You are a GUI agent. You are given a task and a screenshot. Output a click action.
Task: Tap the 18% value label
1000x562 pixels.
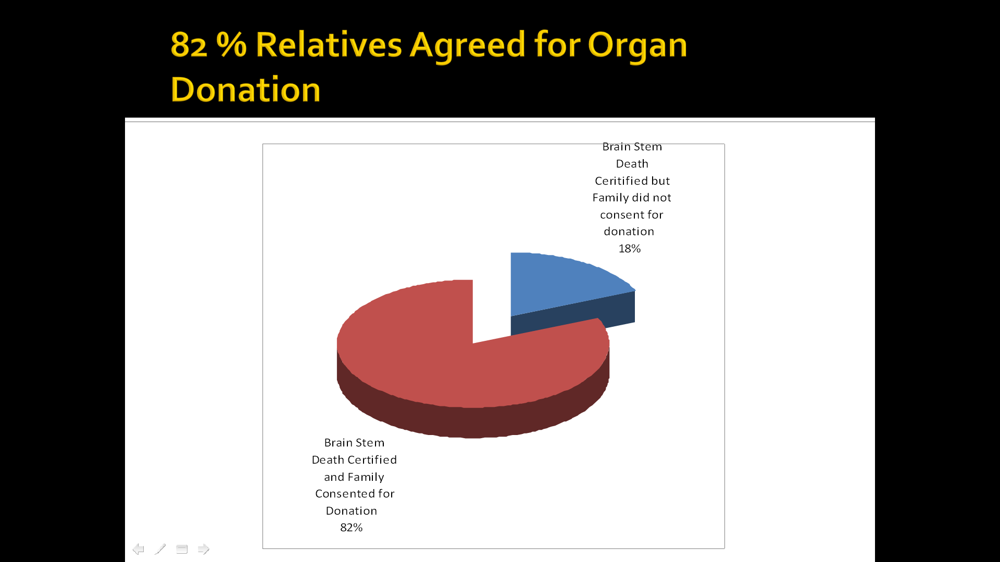click(x=629, y=249)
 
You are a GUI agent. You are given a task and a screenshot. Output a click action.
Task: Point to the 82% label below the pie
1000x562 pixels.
click(x=351, y=528)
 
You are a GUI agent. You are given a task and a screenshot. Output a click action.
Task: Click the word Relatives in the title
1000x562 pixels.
click(x=329, y=44)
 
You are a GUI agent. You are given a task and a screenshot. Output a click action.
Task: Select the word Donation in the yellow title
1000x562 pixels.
click(x=245, y=90)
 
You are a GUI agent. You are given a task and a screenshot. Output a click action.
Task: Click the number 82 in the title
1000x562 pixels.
click(x=189, y=45)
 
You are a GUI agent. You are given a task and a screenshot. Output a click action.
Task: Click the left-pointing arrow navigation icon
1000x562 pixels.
click(x=138, y=549)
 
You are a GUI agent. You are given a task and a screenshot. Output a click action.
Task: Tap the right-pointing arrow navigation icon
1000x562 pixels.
click(x=204, y=549)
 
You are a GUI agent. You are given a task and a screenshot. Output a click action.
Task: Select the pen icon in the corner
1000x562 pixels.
click(x=160, y=549)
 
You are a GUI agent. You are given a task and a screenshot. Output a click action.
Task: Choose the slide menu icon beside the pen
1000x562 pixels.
click(x=182, y=549)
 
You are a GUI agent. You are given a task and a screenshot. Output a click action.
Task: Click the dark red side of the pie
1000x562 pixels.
click(x=469, y=421)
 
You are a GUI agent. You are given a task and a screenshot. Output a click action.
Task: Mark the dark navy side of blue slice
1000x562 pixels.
click(x=573, y=315)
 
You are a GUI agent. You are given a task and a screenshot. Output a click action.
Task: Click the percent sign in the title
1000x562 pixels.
click(x=231, y=44)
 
